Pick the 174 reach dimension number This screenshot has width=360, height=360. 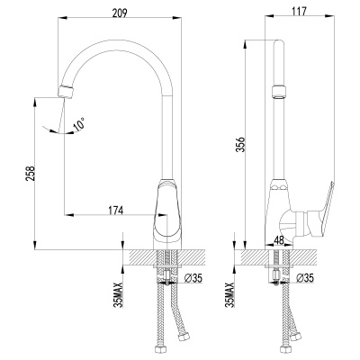click(115, 209)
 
